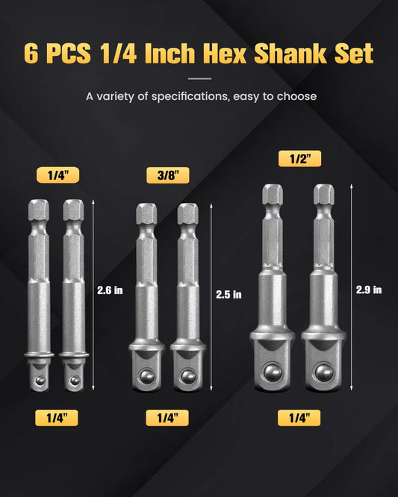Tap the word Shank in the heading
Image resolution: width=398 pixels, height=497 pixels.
[x=290, y=53]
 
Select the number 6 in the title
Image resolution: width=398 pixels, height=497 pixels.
[x=31, y=54]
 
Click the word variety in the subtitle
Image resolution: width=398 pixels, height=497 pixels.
[x=116, y=96]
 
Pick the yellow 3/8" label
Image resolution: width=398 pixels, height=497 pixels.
[x=168, y=175]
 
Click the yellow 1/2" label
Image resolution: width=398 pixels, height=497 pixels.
[x=299, y=158]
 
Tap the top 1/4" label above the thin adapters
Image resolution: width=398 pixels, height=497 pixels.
[x=57, y=175]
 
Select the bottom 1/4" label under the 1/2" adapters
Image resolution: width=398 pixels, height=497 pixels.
[x=299, y=418]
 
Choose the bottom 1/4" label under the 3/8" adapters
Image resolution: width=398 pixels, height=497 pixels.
[x=167, y=418]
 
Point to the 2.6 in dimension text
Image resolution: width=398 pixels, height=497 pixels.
[x=110, y=290]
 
